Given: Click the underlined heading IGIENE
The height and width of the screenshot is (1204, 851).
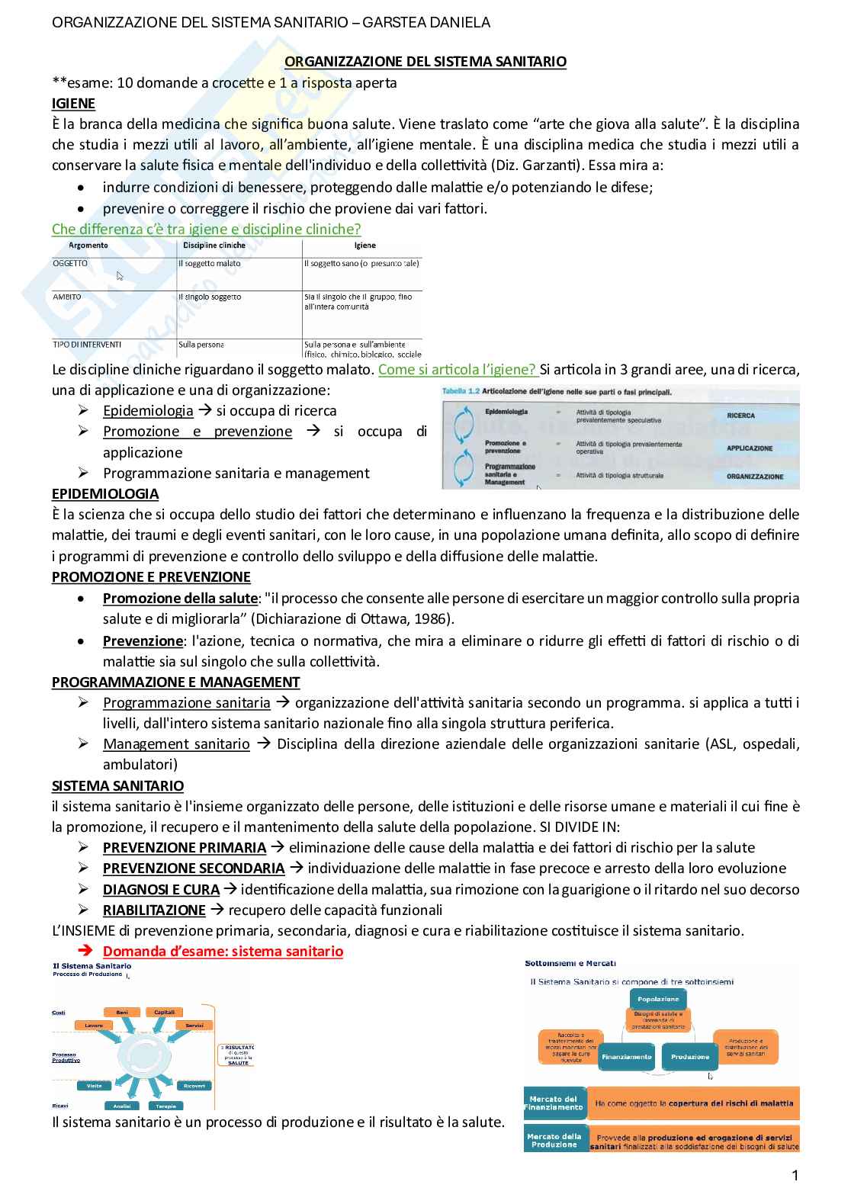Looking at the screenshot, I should (73, 104).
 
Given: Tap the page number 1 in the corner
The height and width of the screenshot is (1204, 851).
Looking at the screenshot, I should (795, 1175).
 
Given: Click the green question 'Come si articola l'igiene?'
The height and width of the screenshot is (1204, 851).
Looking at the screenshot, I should (458, 370).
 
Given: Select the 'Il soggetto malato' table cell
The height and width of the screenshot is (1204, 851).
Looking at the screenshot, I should (209, 264).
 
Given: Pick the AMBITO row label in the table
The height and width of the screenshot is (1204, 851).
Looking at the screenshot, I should (67, 297).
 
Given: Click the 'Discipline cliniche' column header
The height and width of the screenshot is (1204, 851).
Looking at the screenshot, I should (214, 246).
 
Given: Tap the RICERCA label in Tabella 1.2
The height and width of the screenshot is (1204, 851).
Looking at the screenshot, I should (740, 416).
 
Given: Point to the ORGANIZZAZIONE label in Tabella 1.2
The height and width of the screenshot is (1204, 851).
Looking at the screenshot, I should (754, 477).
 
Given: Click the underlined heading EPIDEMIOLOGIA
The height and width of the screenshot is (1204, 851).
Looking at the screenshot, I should (105, 494).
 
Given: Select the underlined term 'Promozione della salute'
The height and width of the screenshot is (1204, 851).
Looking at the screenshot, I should (180, 599).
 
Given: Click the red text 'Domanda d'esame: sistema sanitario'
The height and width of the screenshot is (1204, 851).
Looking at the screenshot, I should (223, 952).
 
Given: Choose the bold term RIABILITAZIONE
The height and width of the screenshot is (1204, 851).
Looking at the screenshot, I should (154, 910).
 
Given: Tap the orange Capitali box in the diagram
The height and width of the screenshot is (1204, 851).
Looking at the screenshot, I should (165, 1013).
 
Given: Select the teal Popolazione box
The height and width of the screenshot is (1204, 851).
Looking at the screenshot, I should (658, 999).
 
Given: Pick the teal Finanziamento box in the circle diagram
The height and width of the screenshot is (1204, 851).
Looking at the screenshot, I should (626, 1057).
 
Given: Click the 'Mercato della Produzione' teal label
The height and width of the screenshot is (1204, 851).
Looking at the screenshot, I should (554, 1140).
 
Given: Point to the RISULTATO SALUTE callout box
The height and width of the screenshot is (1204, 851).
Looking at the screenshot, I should (238, 1054).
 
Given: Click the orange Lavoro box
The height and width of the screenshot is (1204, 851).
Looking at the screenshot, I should (94, 1026).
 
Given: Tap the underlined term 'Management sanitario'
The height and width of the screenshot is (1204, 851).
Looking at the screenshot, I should (176, 744).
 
